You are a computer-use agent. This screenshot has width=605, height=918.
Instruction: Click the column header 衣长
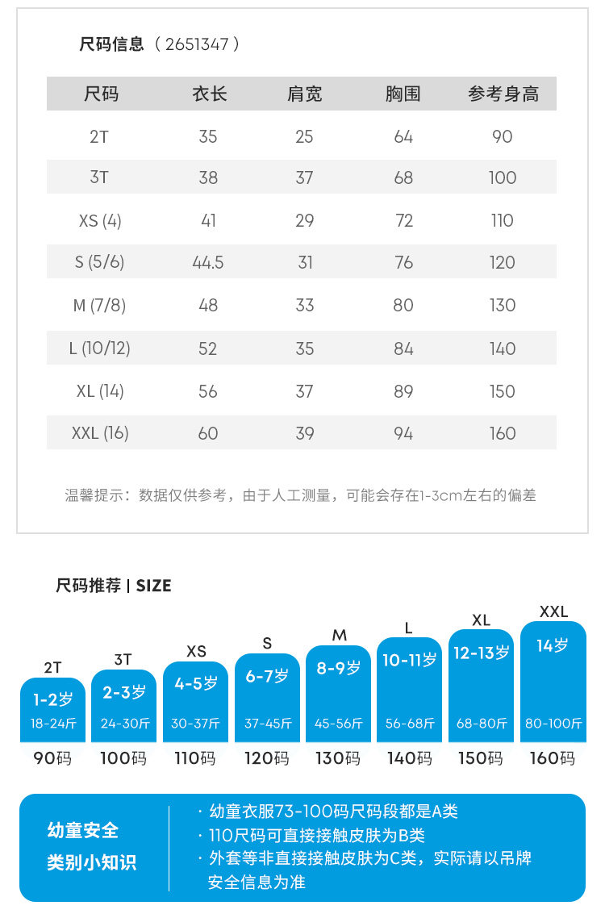(209, 94)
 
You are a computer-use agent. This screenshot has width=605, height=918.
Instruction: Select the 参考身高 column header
(503, 94)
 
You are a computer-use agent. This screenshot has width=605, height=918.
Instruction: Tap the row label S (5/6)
(99, 262)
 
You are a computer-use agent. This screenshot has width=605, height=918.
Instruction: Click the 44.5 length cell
(208, 262)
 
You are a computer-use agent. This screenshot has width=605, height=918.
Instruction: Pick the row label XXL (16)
(100, 433)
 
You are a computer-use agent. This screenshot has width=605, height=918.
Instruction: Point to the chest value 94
(403, 433)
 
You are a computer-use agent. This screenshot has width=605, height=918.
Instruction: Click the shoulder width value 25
(304, 136)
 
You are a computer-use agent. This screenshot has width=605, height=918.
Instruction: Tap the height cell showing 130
(503, 305)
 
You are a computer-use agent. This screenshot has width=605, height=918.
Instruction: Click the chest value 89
(403, 391)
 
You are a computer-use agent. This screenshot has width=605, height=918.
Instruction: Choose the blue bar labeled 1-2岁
(53, 710)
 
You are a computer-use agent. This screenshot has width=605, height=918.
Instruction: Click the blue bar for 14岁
(553, 682)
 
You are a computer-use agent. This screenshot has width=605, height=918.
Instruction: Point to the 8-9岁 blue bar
(339, 694)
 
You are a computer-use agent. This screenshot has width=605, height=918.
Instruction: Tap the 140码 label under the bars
(409, 758)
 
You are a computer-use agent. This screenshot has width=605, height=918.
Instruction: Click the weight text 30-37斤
(195, 724)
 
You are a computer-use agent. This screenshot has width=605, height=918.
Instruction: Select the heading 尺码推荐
(88, 586)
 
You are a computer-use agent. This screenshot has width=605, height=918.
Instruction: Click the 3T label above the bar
(123, 659)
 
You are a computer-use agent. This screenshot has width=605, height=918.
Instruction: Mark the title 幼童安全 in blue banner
(83, 830)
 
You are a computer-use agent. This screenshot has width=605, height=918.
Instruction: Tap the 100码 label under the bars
(123, 758)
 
